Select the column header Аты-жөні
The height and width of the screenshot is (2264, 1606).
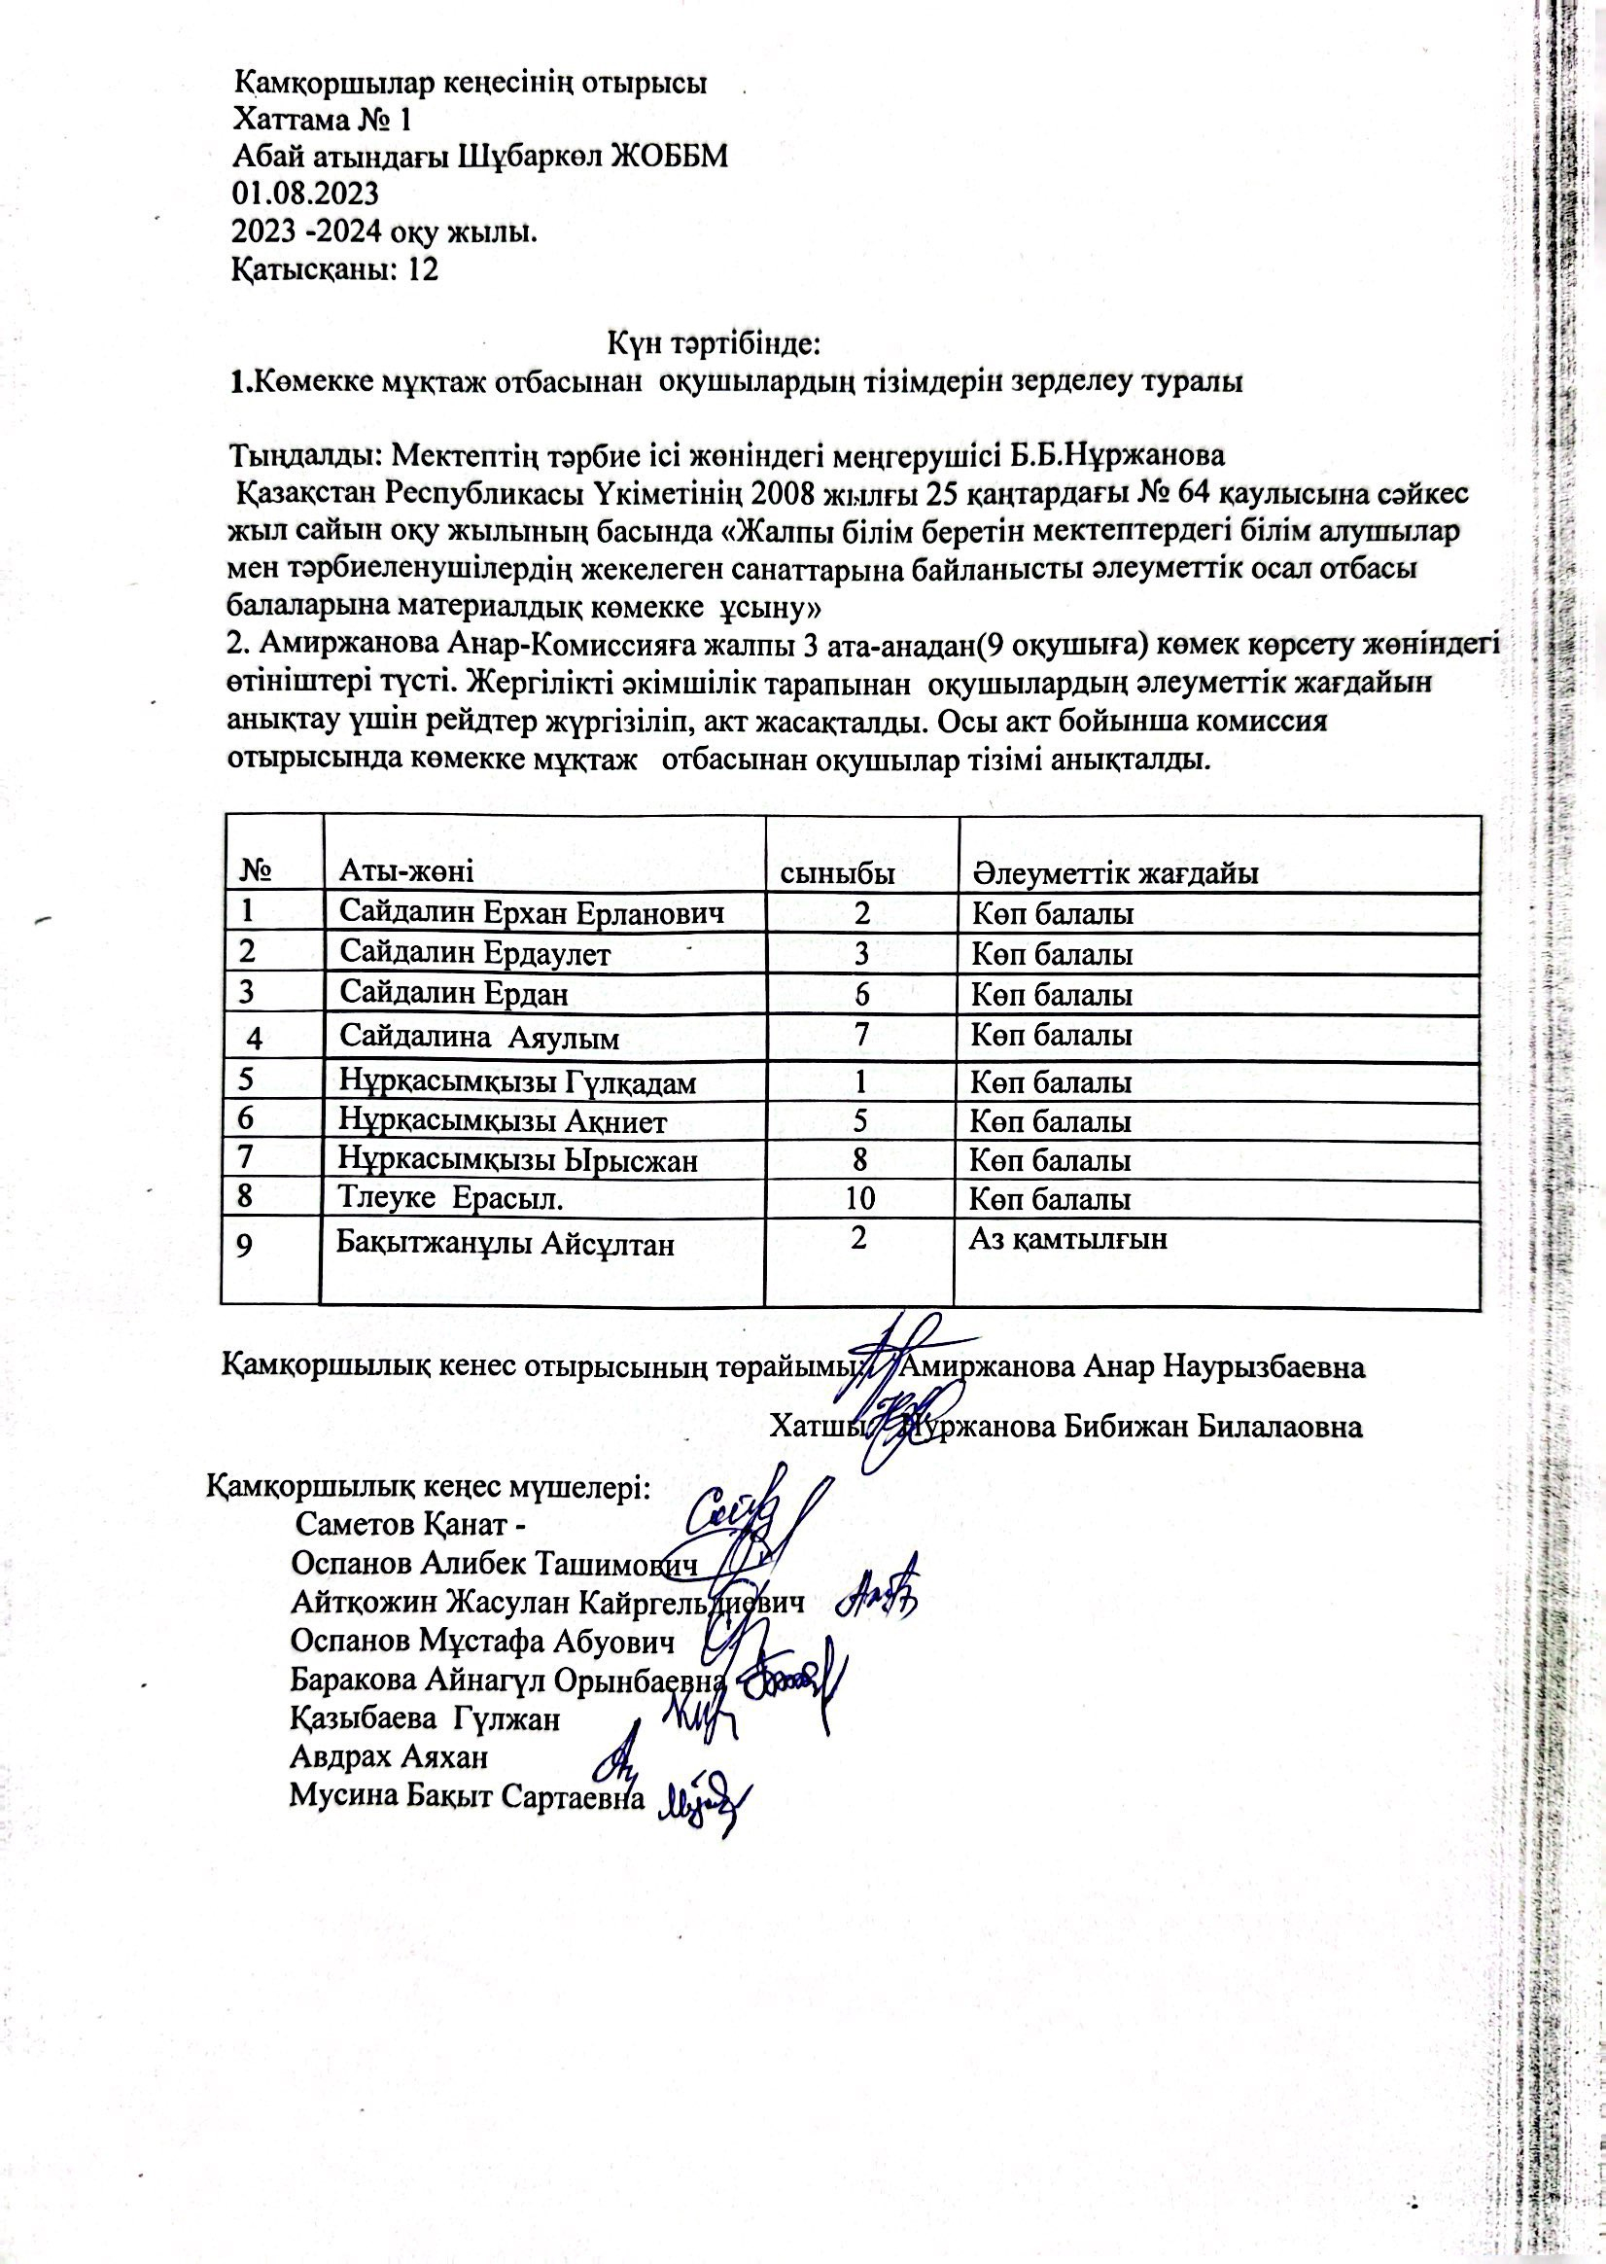pos(406,872)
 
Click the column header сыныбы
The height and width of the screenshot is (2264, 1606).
pos(839,873)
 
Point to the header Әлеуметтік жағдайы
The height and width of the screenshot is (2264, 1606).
pos(1114,873)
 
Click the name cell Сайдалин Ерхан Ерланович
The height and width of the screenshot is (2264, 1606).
pos(532,913)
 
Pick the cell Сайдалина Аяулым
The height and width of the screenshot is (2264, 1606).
pos(479,1038)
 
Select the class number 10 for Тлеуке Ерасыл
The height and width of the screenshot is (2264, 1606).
pos(860,1200)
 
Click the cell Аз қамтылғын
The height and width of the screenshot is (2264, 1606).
pos(1068,1238)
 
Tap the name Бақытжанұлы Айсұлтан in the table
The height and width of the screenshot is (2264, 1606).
pos(506,1243)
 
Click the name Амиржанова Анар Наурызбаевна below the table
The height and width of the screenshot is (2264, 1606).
pos(1135,1368)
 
